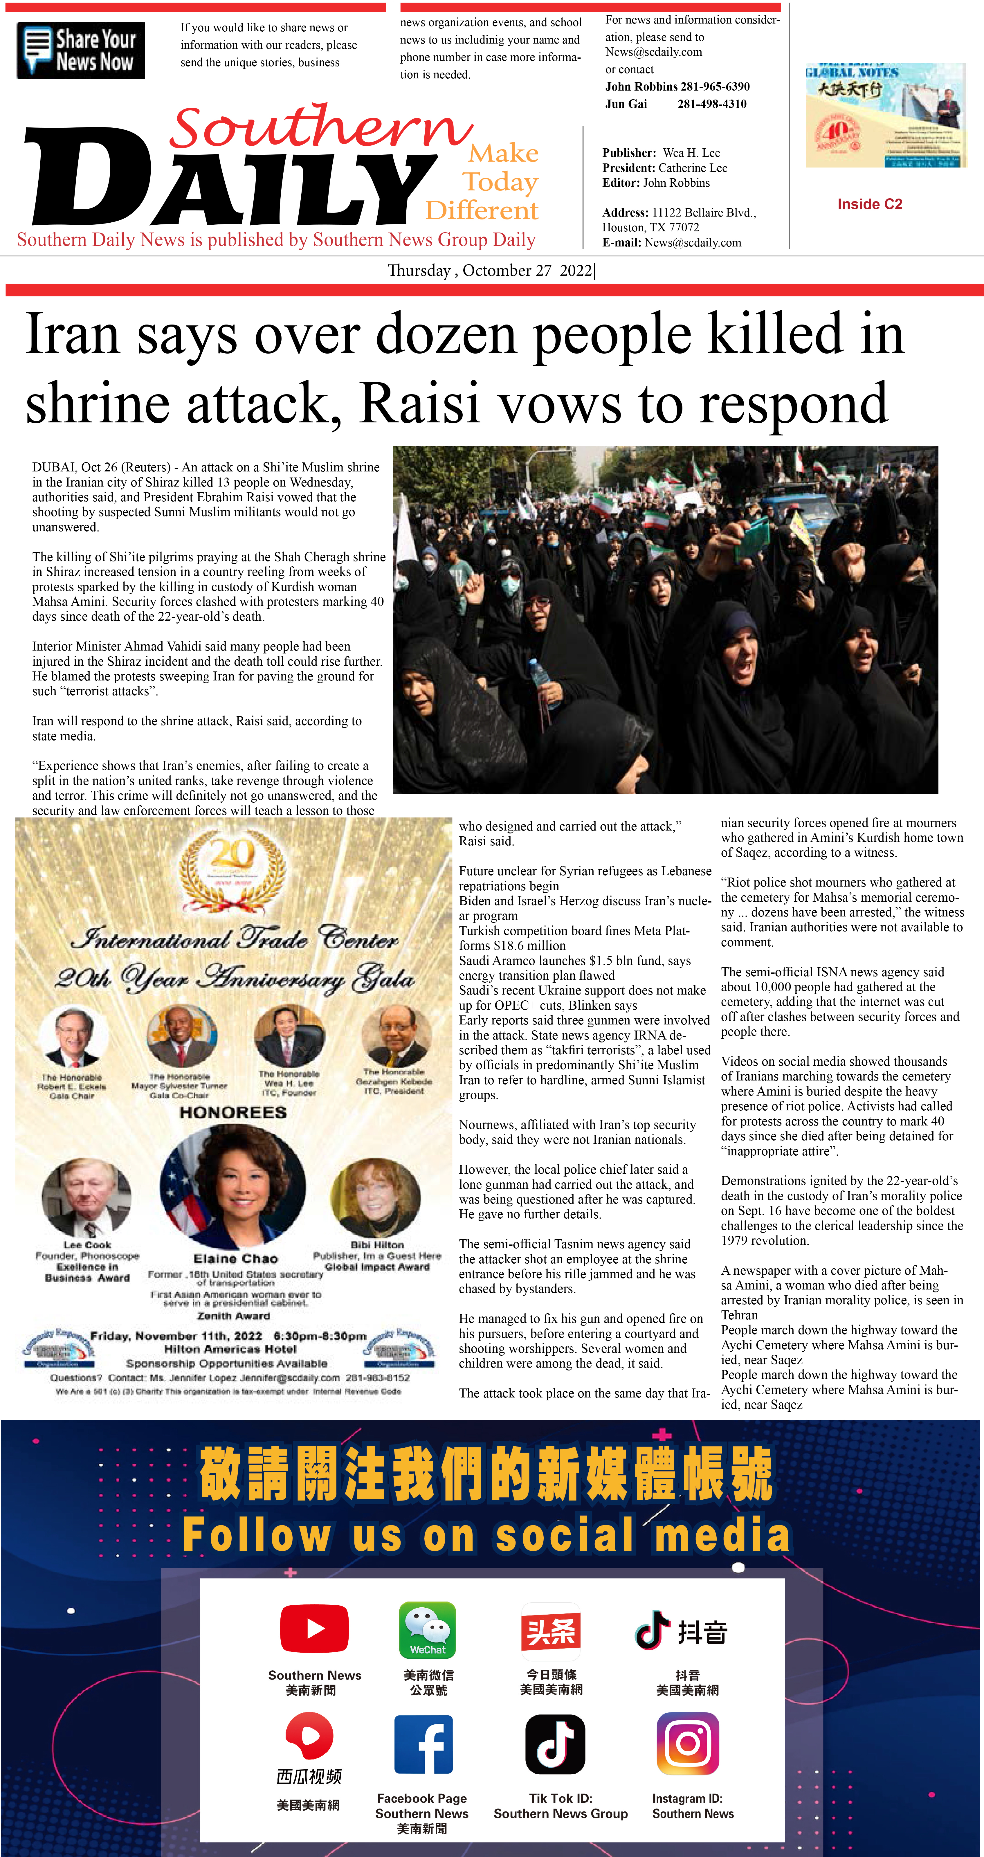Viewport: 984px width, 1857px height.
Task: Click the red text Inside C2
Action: pyautogui.click(x=869, y=204)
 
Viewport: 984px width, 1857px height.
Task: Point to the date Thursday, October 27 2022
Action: pyautogui.click(x=490, y=270)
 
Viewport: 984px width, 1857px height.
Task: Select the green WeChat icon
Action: pyautogui.click(x=428, y=1629)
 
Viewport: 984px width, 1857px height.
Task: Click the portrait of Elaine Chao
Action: pyautogui.click(x=233, y=1188)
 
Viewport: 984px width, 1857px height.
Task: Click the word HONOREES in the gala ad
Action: pyautogui.click(x=233, y=1112)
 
